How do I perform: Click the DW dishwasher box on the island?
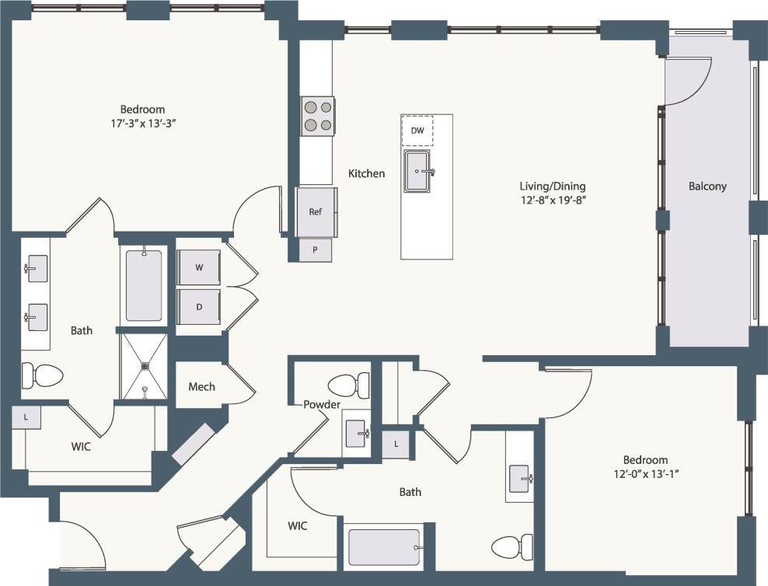(417, 131)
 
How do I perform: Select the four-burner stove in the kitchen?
(317, 116)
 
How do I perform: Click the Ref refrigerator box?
(316, 211)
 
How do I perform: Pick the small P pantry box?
(316, 250)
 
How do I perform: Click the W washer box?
(199, 267)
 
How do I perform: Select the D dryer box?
(199, 306)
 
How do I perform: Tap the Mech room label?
(201, 386)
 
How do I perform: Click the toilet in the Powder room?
(348, 384)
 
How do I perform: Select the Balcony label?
(707, 186)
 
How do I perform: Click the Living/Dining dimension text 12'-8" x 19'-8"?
(552, 200)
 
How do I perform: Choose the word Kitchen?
(366, 173)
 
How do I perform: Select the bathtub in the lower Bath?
(384, 547)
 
